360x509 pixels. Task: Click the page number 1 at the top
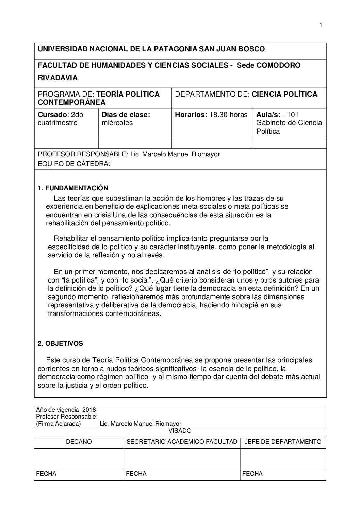pyautogui.click(x=321, y=25)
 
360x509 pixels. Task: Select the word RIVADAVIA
pyautogui.click(x=58, y=78)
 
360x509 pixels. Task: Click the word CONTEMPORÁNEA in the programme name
pyautogui.click(x=71, y=102)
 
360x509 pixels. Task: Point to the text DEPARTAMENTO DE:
pyautogui.click(x=212, y=94)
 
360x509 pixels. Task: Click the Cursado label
pyautogui.click(x=51, y=115)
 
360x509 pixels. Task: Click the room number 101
pyautogui.click(x=293, y=115)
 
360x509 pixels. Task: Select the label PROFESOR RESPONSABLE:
pyautogui.click(x=83, y=154)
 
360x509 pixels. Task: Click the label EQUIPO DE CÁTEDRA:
pyautogui.click(x=74, y=164)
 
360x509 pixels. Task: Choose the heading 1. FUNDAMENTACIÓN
pyautogui.click(x=73, y=188)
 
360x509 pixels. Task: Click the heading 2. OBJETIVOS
pyautogui.click(x=60, y=343)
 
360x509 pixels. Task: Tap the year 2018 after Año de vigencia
pyautogui.click(x=89, y=410)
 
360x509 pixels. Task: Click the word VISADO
pyautogui.click(x=180, y=431)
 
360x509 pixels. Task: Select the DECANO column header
pyautogui.click(x=79, y=442)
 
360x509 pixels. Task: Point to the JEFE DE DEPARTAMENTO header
pyautogui.click(x=283, y=442)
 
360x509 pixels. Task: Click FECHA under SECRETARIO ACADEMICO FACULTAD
pyautogui.click(x=136, y=474)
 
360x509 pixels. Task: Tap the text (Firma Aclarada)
pyautogui.click(x=59, y=424)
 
